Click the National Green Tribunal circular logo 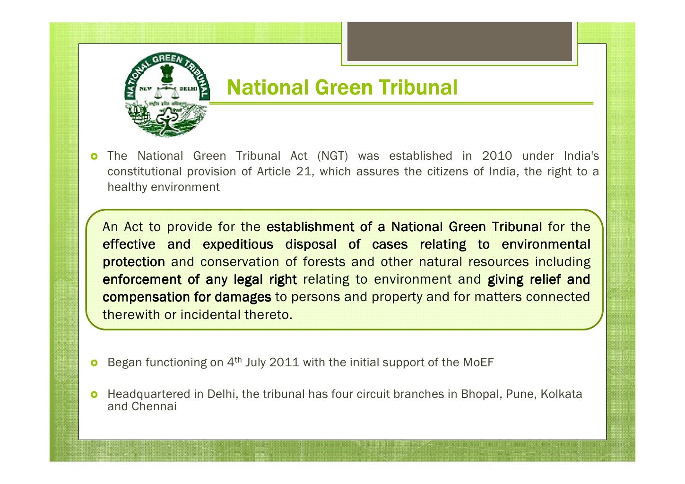166,95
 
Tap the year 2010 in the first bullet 496,156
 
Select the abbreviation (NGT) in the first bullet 332,156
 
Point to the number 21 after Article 303,172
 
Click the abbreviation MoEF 478,363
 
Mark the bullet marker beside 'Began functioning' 94,363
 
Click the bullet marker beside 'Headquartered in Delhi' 94,394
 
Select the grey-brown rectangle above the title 460,42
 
